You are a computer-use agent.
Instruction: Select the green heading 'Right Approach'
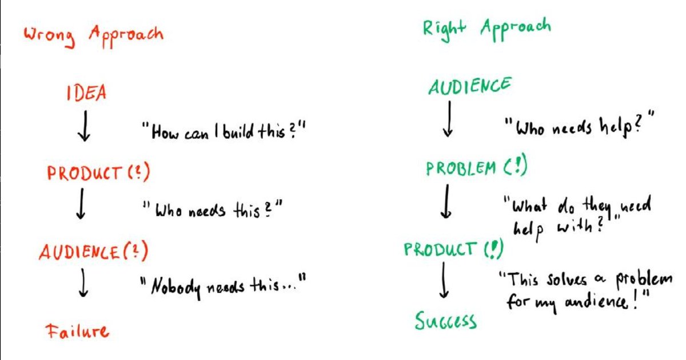486,29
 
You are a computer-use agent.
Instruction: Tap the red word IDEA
85,92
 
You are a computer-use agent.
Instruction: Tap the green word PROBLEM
461,168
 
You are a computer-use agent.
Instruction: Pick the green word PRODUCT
439,249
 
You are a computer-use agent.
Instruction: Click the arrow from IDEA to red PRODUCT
83,129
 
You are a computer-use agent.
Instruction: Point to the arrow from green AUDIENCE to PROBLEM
449,121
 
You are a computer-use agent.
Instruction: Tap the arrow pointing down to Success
443,283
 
